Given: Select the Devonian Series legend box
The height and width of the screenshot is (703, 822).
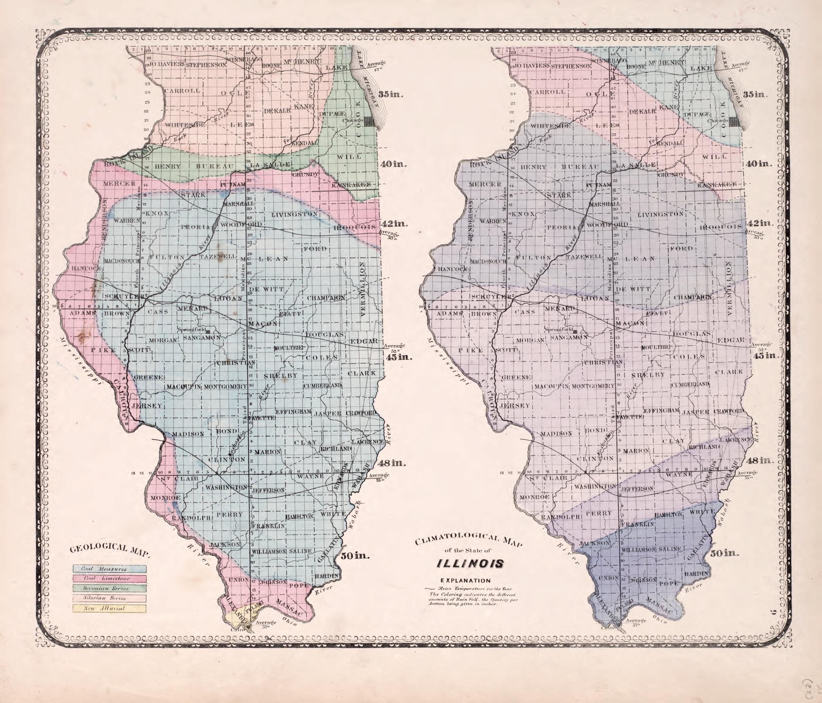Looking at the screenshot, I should click(x=110, y=588).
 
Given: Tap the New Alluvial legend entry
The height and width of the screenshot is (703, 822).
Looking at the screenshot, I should click(x=110, y=608).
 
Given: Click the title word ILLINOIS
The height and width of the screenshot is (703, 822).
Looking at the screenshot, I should click(x=470, y=563).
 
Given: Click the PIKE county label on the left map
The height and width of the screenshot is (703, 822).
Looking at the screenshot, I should click(x=103, y=350).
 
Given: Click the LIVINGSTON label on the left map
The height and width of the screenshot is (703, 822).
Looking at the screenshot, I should click(x=295, y=215).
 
